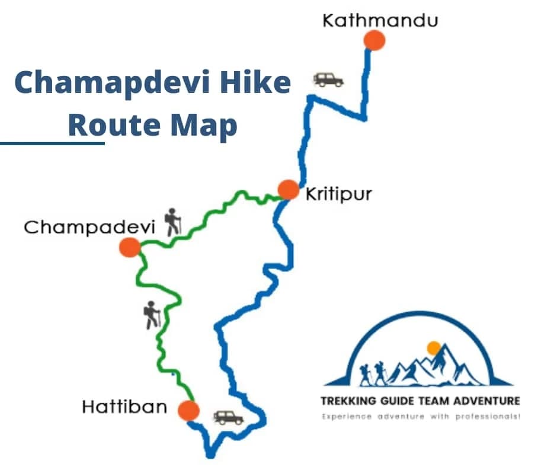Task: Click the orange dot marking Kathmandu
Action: (x=374, y=40)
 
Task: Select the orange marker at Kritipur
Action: (x=288, y=190)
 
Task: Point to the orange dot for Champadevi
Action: (x=129, y=247)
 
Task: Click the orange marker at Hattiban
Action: (x=188, y=410)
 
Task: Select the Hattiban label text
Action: (x=124, y=407)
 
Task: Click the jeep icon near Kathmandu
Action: (x=328, y=79)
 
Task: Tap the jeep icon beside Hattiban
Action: (x=228, y=417)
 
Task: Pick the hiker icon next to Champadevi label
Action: (x=172, y=222)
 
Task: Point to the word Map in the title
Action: (x=204, y=125)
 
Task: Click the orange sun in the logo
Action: (x=434, y=348)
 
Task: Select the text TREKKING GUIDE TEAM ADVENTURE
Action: (x=420, y=401)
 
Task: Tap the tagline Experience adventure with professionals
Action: (x=420, y=417)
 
